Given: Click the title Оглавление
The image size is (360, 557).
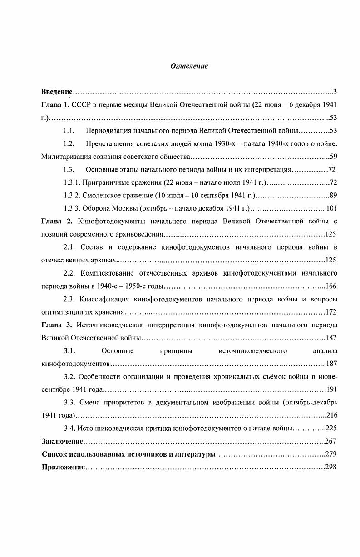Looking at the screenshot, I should [x=189, y=66].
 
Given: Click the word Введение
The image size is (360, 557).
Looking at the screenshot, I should [x=57, y=92].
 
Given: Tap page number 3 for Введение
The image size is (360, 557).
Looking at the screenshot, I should [x=335, y=92].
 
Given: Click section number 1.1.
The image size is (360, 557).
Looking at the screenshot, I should [x=69, y=131].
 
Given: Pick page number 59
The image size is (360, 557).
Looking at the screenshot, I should [x=333, y=157].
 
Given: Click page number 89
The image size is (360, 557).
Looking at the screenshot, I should [x=333, y=196].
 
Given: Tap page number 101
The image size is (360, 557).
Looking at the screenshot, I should [x=331, y=209].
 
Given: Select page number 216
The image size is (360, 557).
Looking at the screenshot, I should [x=331, y=415].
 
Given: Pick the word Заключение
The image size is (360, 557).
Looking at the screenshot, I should [x=63, y=441].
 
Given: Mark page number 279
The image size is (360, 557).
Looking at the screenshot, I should [x=331, y=454].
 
